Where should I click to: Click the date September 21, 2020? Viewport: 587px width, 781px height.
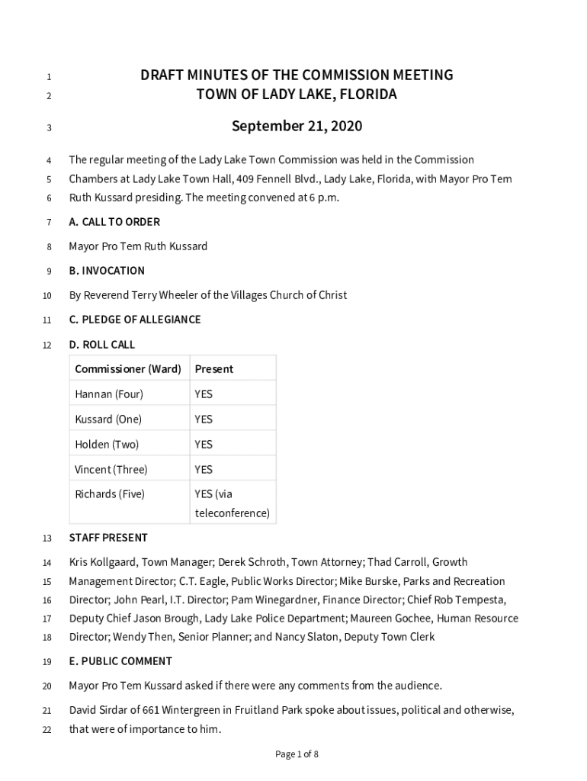[297, 127]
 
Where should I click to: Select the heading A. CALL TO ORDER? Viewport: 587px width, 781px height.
[114, 222]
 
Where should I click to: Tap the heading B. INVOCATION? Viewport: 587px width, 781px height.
[107, 271]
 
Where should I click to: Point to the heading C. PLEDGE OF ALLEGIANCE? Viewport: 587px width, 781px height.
[135, 320]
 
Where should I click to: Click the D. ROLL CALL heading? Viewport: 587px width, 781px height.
[102, 345]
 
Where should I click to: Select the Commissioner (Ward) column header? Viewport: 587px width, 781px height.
[128, 369]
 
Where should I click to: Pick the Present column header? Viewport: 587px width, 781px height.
[214, 369]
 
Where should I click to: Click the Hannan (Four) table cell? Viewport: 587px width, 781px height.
[109, 394]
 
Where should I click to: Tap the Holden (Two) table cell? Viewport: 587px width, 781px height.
[107, 445]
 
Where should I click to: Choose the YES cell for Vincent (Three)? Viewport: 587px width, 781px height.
[204, 470]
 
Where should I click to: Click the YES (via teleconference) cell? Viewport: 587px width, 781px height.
[232, 503]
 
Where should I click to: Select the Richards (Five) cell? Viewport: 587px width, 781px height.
[110, 494]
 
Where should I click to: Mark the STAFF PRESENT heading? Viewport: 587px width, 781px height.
[108, 538]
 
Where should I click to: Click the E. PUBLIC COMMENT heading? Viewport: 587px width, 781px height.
[120, 661]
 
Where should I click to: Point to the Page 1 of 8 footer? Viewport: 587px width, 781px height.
[297, 754]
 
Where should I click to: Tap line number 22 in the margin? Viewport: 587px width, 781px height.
[46, 730]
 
